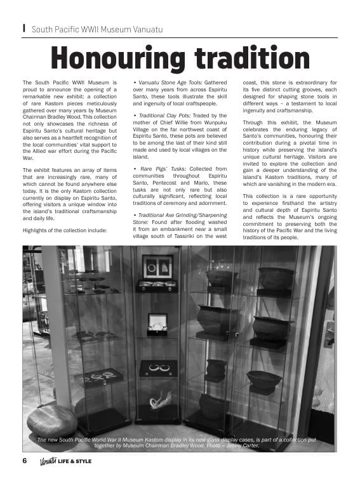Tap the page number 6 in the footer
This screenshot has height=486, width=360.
[25, 461]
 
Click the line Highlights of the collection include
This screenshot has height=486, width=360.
[65, 230]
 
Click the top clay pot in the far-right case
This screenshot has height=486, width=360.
[276, 278]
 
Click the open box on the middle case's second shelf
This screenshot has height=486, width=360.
[157, 322]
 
